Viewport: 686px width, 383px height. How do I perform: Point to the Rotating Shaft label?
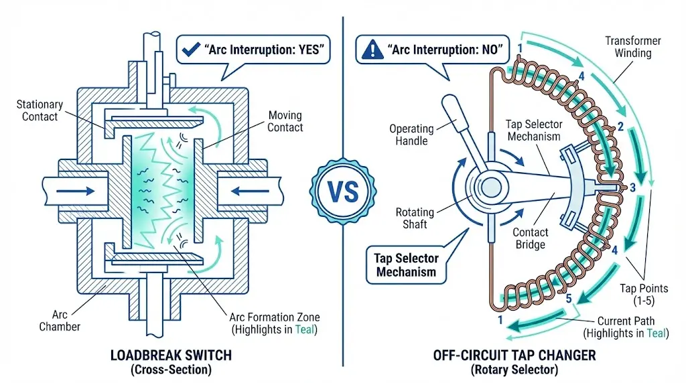pos(415,218)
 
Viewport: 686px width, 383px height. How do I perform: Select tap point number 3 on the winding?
pos(631,187)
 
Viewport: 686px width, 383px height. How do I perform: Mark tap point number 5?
pos(569,299)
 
